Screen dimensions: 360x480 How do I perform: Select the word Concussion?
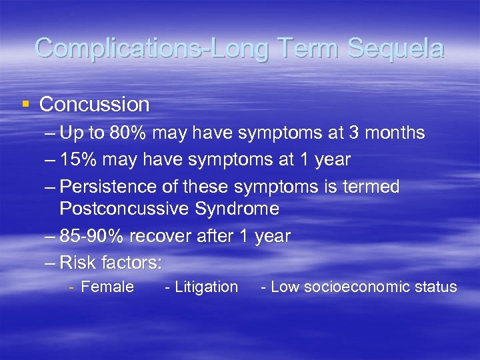click(95, 104)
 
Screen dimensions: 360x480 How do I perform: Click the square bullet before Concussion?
click(25, 104)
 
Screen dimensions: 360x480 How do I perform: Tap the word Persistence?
click(109, 187)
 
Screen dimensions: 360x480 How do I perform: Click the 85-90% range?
click(91, 236)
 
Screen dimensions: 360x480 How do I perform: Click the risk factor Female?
click(107, 287)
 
